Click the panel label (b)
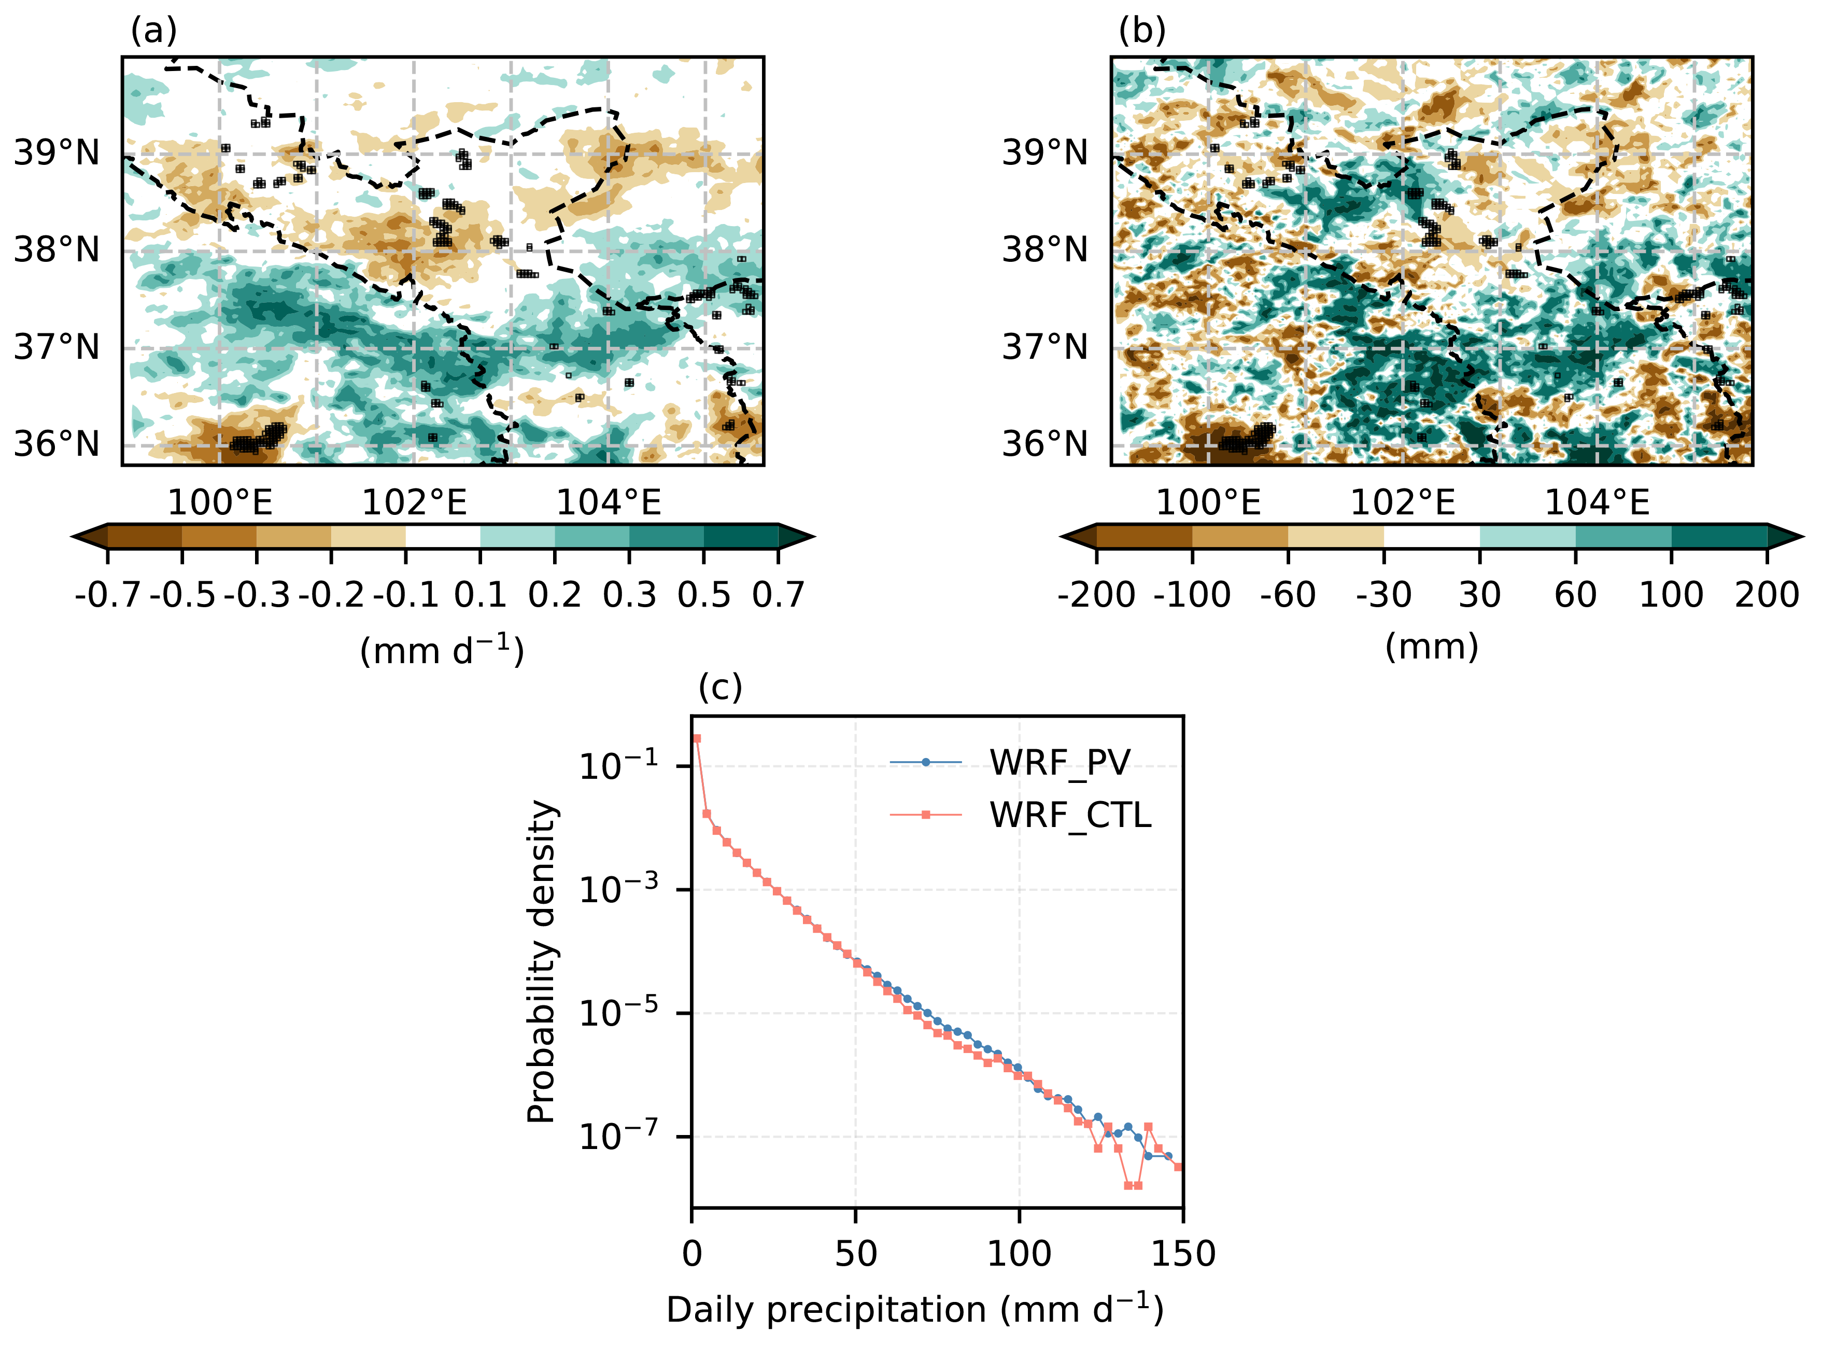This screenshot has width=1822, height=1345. click(1142, 31)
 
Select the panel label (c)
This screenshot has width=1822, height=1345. click(720, 688)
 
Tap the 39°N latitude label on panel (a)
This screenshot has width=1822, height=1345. click(57, 152)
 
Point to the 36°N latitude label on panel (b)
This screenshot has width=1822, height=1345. click(1045, 444)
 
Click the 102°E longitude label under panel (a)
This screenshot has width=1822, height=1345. click(414, 502)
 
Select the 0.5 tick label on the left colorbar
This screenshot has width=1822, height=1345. click(704, 595)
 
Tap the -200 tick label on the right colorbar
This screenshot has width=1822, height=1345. click(1096, 595)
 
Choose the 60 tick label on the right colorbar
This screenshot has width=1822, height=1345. click(1575, 595)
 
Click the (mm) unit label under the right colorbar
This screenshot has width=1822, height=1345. click(1431, 647)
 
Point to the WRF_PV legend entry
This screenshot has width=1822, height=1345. click(1060, 763)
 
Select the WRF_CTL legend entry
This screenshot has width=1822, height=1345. click(1070, 815)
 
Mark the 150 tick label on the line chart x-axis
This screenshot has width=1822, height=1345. click(1182, 1255)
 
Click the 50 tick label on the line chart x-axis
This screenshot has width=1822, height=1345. click(855, 1255)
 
